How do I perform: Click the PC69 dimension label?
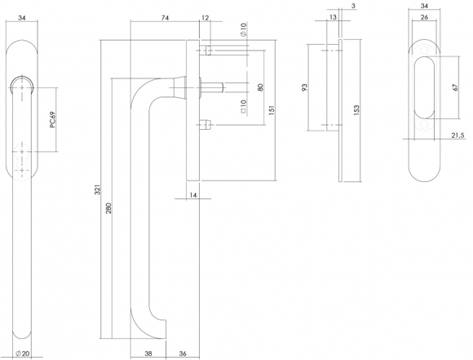click(x=52, y=120)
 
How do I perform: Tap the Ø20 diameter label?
click(x=23, y=353)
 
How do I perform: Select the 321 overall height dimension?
click(x=97, y=189)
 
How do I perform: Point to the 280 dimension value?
click(x=109, y=208)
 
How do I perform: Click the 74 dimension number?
click(x=165, y=18)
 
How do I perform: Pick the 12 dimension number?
click(x=205, y=18)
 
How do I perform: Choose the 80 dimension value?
click(x=261, y=87)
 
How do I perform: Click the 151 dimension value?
click(x=272, y=110)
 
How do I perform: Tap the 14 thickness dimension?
click(x=193, y=195)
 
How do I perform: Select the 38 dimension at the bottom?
click(x=148, y=353)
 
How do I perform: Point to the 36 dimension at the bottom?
click(x=183, y=353)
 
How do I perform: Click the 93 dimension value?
click(x=304, y=87)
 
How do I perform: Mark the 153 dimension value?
click(x=356, y=110)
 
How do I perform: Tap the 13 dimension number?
click(x=333, y=17)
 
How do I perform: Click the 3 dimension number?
click(x=354, y=6)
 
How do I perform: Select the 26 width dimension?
click(x=424, y=17)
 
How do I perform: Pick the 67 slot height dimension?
click(x=456, y=87)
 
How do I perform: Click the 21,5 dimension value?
click(x=458, y=136)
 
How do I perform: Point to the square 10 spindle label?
click(x=244, y=106)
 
